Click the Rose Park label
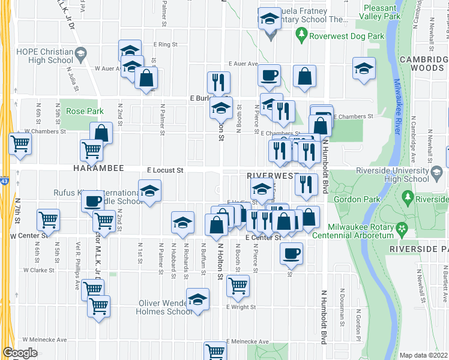(x=85, y=111)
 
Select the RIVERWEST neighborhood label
(x=272, y=176)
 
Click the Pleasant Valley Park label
(x=381, y=13)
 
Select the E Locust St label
(x=164, y=170)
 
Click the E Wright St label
(x=241, y=307)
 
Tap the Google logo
(x=20, y=353)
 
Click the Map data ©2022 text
(x=424, y=355)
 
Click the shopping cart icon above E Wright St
(x=238, y=285)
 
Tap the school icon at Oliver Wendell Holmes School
(x=197, y=299)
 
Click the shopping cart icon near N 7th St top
(x=20, y=145)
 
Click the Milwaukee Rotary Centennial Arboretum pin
(x=402, y=229)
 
